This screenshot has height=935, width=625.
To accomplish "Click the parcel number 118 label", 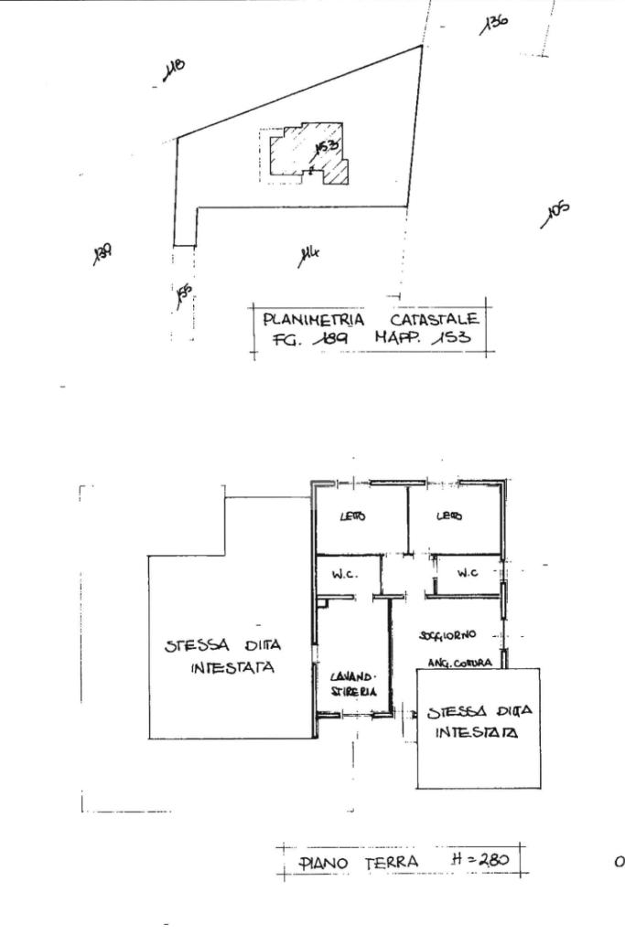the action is point(173,70).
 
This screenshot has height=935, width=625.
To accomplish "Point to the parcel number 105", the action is point(556,214).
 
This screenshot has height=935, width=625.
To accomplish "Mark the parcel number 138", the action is point(102,253).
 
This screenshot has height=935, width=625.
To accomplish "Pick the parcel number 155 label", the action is point(183,294).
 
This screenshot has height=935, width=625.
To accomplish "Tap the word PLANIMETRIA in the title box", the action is point(313,320).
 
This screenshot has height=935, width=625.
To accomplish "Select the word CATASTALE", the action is point(435,320).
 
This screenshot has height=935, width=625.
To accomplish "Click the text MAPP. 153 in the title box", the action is point(422,337).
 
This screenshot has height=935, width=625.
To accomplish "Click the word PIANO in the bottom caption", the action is point(320,863).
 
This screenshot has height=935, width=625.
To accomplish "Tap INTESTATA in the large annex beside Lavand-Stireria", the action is point(232,668).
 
